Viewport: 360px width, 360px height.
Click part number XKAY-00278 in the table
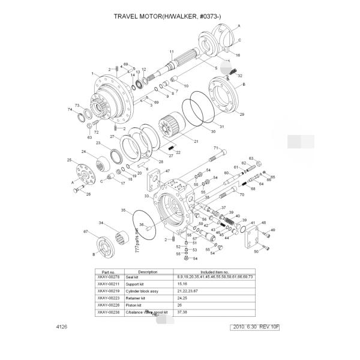click(109, 277)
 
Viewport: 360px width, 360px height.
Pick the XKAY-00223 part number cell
click(109, 298)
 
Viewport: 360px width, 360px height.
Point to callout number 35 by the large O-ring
click(124, 211)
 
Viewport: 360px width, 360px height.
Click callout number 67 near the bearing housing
click(85, 232)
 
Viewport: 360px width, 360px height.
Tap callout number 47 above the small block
click(159, 172)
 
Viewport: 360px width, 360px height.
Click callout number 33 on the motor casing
click(146, 196)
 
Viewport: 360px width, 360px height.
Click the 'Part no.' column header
click(109, 271)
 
